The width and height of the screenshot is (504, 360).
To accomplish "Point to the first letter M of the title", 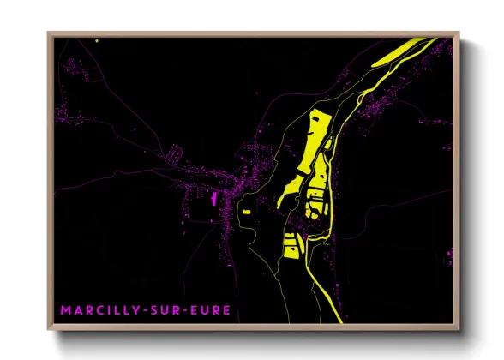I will (65, 309).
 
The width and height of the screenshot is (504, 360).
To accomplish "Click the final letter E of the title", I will (227, 309).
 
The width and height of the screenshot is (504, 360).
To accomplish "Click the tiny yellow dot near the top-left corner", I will (98, 39).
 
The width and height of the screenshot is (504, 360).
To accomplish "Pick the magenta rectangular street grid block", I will (175, 154).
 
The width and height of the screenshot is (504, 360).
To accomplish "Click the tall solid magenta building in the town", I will (213, 198).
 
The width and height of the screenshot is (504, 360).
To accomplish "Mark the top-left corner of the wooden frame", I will (49, 33).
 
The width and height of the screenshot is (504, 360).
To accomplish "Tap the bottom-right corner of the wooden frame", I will (459, 329).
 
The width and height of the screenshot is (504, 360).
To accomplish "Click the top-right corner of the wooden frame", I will (459, 33).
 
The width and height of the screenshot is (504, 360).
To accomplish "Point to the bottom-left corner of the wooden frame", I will (49, 329).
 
